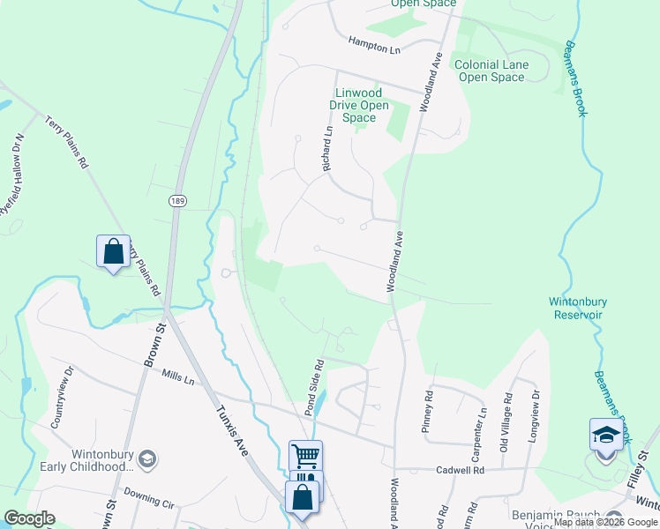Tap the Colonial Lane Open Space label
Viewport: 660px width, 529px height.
(489, 71)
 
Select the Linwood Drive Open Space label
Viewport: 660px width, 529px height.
(359, 105)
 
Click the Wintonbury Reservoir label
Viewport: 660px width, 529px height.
(577, 308)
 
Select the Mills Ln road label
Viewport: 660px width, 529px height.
(178, 378)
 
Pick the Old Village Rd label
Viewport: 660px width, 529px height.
(504, 418)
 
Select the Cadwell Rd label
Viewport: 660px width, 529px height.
(461, 470)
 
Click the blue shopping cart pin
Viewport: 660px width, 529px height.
(305, 457)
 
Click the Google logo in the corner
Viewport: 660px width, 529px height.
(29, 518)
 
